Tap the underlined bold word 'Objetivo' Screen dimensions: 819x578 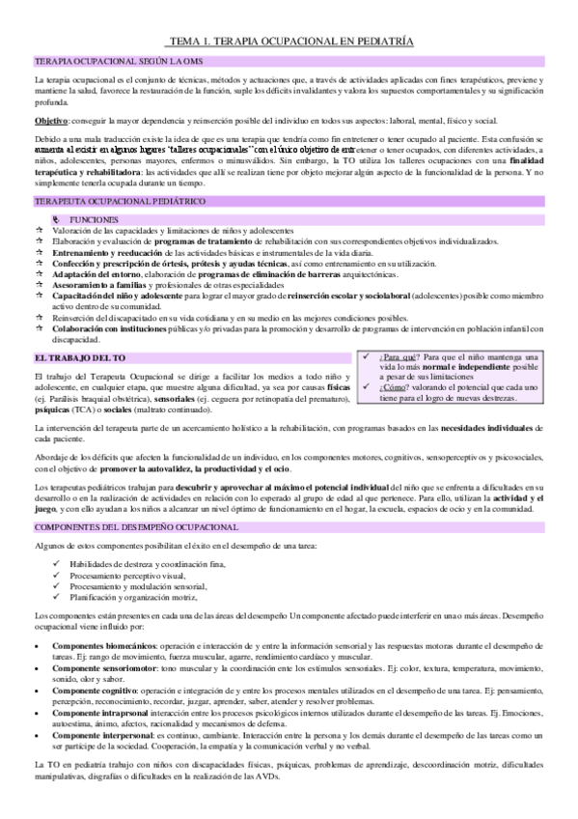(x=50, y=121)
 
